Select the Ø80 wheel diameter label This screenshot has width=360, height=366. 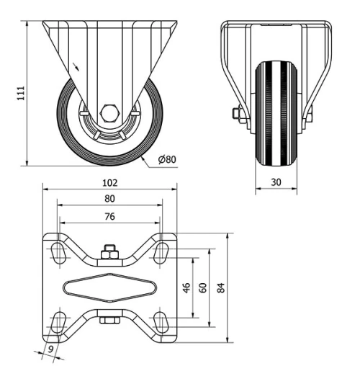(166, 159)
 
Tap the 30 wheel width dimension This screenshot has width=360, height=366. (276, 182)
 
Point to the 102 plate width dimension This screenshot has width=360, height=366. (109, 182)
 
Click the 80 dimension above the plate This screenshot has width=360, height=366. (109, 198)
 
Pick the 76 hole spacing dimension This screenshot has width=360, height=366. (109, 215)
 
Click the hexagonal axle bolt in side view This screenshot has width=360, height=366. (109, 113)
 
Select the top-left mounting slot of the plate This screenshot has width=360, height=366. (57, 251)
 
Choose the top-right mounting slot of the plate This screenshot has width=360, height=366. (162, 251)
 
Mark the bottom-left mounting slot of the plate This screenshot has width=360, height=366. (57, 321)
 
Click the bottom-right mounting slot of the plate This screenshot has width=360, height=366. (162, 321)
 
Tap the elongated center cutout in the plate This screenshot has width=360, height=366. (109, 287)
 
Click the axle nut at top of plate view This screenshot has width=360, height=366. (109, 251)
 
